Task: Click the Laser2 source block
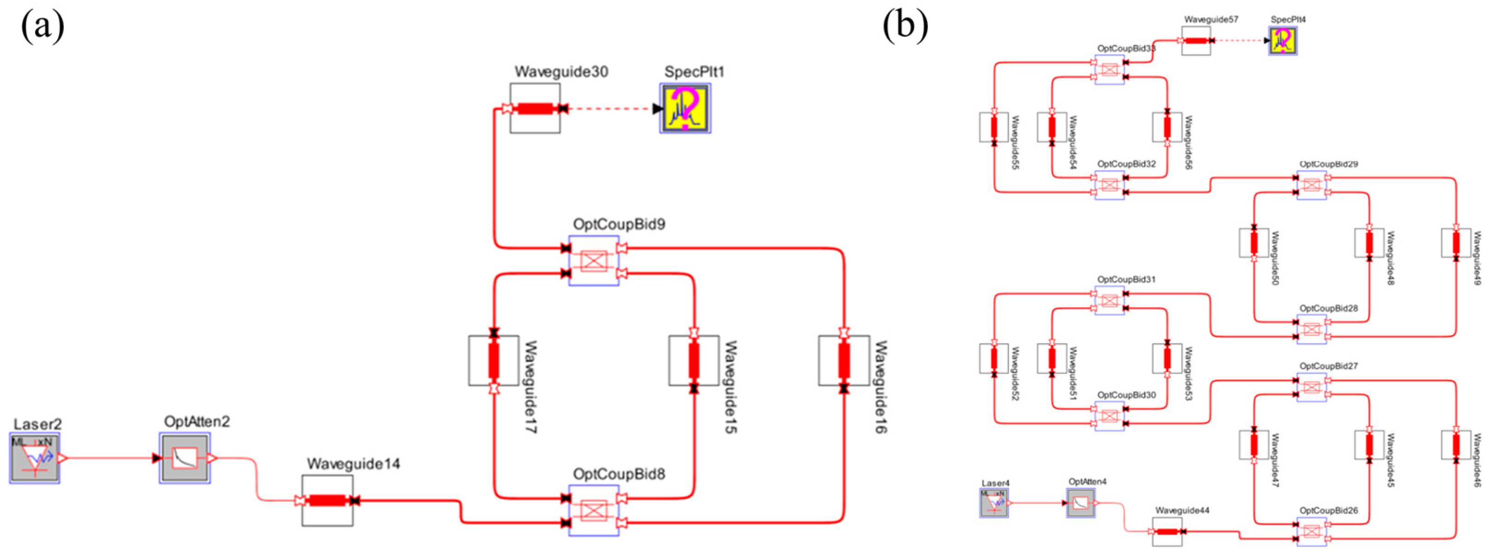click(35, 458)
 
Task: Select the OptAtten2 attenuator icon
click(185, 458)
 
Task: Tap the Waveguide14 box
click(327, 500)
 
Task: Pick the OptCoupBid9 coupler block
click(594, 261)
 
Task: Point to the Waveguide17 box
click(494, 360)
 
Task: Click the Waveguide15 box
click(694, 360)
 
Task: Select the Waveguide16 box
click(844, 360)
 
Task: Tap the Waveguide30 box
click(535, 108)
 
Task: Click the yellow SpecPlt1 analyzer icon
click(685, 108)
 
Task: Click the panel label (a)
click(42, 26)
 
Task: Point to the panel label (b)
click(905, 26)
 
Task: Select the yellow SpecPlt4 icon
click(1283, 41)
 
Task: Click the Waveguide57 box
click(1196, 41)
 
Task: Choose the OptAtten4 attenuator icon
click(1080, 503)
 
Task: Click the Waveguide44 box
click(1167, 532)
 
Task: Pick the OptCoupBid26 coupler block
click(1312, 532)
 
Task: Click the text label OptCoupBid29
click(1328, 164)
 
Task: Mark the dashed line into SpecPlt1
click(610, 109)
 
